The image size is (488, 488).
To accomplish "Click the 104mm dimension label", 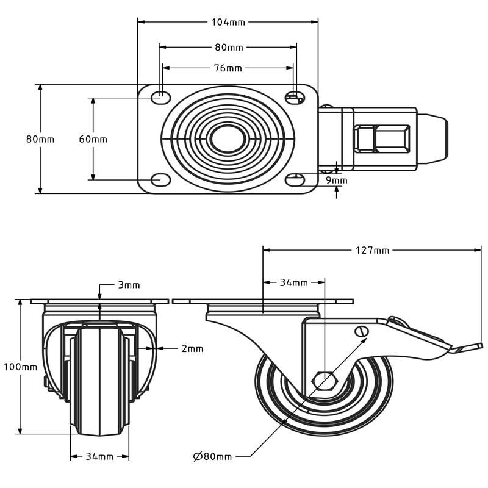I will pyautogui.click(x=228, y=22).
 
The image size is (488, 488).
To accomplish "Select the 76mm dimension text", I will pyautogui.click(x=228, y=68).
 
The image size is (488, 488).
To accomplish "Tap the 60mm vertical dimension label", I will pyautogui.click(x=93, y=139).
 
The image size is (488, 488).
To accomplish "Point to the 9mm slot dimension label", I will pyautogui.click(x=336, y=180).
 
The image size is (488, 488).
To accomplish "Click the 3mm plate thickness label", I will pyautogui.click(x=129, y=285).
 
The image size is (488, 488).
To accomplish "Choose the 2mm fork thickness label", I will pyautogui.click(x=192, y=348).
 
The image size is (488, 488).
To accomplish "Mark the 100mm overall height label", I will pyautogui.click(x=20, y=367).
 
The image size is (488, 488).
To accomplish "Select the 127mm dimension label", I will pyautogui.click(x=372, y=250).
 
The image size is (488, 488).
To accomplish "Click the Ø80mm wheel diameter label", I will pyautogui.click(x=212, y=456).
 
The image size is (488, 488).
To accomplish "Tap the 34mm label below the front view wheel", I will pyautogui.click(x=99, y=456).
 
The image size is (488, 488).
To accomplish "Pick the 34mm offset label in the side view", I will pyautogui.click(x=293, y=282).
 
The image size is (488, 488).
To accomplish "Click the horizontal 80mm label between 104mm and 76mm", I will pyautogui.click(x=228, y=47).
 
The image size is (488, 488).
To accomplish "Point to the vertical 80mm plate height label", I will pyautogui.click(x=40, y=139).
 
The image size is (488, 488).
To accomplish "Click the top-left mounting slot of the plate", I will pyautogui.click(x=160, y=96).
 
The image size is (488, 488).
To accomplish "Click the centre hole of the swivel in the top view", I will pyautogui.click(x=228, y=138).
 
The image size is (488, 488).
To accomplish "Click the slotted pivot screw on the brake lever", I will pyautogui.click(x=361, y=331).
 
